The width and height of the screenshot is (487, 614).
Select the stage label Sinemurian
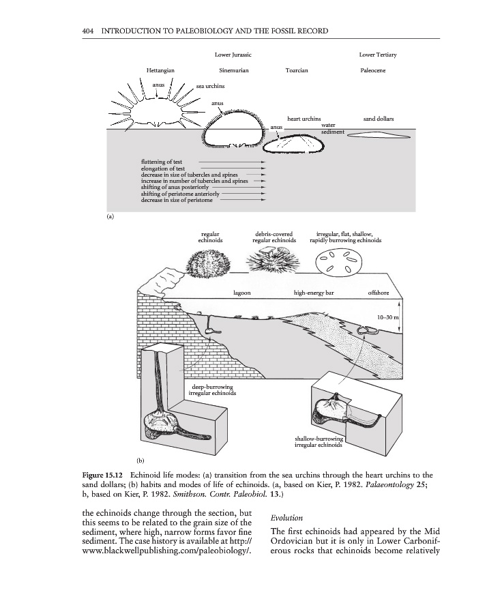(233, 70)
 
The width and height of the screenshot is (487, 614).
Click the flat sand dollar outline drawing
(379, 135)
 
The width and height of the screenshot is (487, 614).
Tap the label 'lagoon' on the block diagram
(242, 293)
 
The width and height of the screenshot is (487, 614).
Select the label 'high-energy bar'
(313, 293)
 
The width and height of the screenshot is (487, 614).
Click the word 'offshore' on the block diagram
(379, 293)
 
